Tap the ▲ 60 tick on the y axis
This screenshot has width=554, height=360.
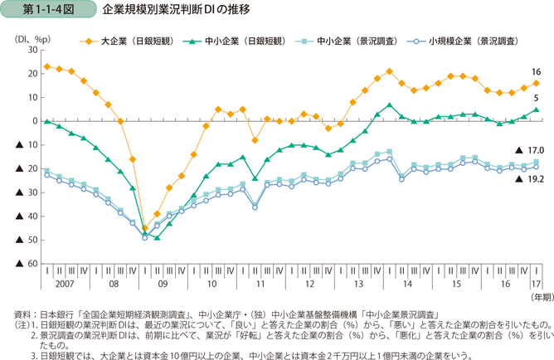pos(27,264)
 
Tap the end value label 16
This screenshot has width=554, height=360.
pos(536,71)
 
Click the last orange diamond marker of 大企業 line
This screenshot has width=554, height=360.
pos(537,83)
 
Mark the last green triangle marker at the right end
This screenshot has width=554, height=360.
pos(537,109)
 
